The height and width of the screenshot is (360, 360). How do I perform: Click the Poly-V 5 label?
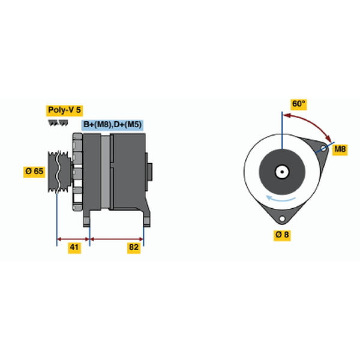point(65,110)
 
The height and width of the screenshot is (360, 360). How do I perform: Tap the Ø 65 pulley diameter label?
point(34,171)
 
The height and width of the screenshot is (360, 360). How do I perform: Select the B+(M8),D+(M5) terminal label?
point(112,125)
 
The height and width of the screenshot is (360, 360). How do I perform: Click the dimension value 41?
point(74,247)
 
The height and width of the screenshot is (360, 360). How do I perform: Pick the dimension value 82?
point(134,247)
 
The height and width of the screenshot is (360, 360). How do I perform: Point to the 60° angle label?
point(298,104)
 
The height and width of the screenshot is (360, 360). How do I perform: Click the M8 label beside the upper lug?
point(340,149)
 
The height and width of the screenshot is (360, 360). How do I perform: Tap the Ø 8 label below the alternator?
point(282,235)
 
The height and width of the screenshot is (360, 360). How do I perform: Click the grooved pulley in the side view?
point(59,171)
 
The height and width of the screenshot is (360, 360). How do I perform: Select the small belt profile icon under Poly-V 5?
point(58,123)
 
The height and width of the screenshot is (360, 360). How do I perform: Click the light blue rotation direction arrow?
point(281,199)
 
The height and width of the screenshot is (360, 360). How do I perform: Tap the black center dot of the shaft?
point(282,172)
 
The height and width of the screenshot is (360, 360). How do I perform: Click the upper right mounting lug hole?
point(323,148)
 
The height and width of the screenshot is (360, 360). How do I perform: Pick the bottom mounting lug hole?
point(282,218)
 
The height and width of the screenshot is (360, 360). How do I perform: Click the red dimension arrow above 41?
point(73,239)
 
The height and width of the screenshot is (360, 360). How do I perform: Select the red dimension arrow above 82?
point(116,239)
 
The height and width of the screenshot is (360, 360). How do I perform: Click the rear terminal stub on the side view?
point(149,172)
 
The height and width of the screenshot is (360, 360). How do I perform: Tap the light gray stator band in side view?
point(106,172)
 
